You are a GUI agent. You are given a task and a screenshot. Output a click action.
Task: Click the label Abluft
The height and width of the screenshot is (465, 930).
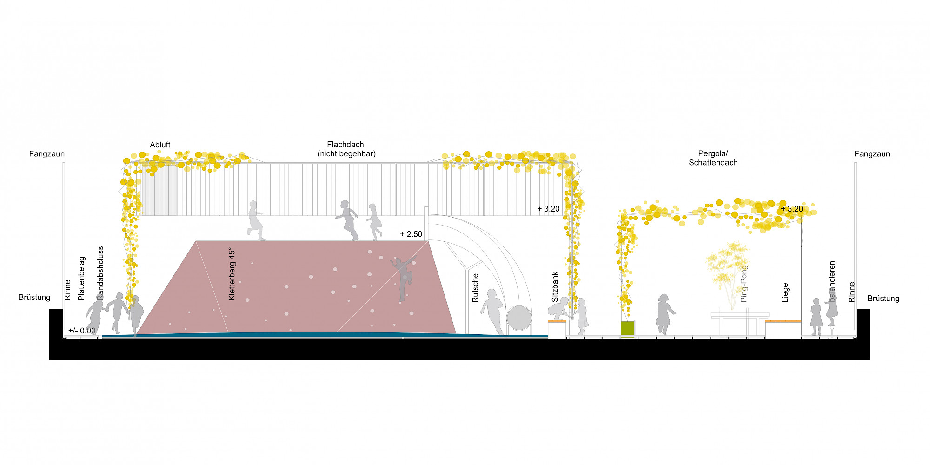tap(160, 145)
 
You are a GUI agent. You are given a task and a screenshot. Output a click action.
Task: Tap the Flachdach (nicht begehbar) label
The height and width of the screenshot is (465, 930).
tap(346, 149)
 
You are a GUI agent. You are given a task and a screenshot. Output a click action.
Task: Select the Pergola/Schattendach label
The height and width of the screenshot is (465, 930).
tap(713, 158)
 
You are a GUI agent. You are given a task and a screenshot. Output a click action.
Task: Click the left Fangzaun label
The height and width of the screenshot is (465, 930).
tap(46, 154)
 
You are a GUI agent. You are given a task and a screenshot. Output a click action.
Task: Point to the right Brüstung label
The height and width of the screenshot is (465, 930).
tap(883, 299)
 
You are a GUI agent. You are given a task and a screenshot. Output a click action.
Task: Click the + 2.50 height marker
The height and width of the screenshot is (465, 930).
tap(411, 234)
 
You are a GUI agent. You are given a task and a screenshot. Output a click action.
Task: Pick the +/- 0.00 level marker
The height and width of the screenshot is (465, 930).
tap(82, 331)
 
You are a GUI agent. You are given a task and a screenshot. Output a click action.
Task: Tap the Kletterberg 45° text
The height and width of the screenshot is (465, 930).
tap(232, 274)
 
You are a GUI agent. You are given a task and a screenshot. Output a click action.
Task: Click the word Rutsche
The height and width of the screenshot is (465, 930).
tap(475, 288)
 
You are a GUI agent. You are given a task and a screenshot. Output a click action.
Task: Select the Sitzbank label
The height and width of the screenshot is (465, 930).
tap(554, 287)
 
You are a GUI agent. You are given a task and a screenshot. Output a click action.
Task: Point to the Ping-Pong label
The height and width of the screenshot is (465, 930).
tap(744, 284)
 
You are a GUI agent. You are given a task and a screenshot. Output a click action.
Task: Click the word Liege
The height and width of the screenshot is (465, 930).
tap(785, 292)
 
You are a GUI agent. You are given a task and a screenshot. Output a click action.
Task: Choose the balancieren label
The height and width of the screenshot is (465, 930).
tap(832, 281)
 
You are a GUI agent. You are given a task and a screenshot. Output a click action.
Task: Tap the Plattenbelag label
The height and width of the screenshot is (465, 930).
tap(81, 279)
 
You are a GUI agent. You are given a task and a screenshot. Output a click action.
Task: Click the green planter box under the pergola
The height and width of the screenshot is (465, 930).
tap(627, 328)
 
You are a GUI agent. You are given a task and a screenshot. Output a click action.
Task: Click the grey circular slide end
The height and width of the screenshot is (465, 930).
tap(519, 318)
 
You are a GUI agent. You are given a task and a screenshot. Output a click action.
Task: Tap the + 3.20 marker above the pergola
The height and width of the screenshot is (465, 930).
tap(792, 209)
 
